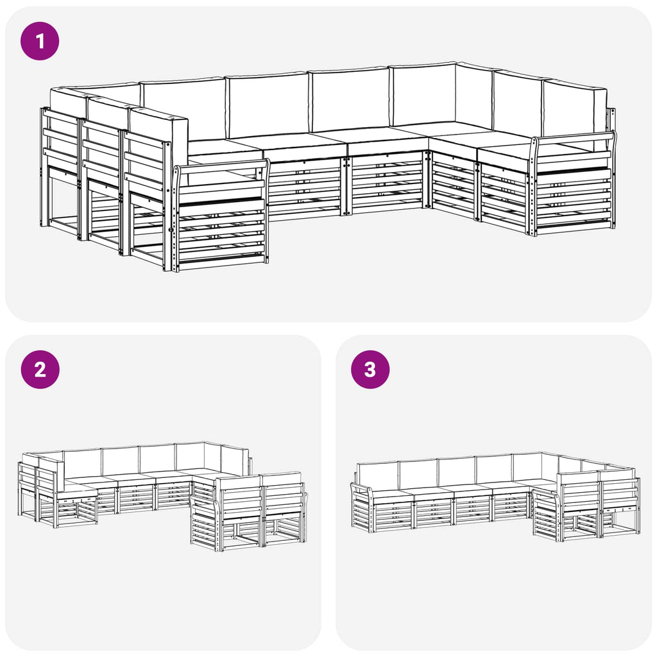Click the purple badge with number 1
click(40, 41)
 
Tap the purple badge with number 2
click(40, 369)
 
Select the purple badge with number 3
click(370, 369)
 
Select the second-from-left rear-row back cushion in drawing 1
click(268, 105)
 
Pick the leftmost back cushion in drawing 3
click(377, 475)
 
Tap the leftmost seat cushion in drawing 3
click(392, 493)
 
